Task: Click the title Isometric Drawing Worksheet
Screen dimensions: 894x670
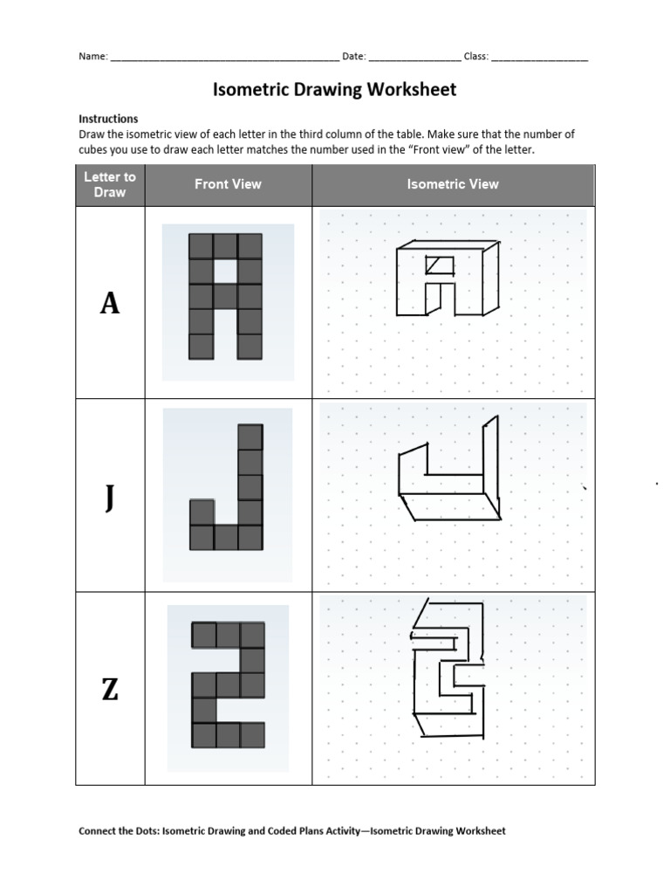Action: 335,90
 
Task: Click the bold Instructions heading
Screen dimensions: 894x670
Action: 108,119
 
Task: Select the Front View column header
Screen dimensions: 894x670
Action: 228,184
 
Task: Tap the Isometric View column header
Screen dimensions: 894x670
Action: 453,184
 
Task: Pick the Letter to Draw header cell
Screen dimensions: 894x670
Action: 110,184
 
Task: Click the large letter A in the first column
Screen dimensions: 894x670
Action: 110,303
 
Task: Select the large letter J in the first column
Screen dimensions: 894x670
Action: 110,498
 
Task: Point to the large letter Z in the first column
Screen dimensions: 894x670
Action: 110,690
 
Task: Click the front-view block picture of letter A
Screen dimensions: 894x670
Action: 226,297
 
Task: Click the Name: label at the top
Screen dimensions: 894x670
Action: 93,57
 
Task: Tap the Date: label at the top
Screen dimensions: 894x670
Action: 353,57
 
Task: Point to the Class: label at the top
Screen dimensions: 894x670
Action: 475,57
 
